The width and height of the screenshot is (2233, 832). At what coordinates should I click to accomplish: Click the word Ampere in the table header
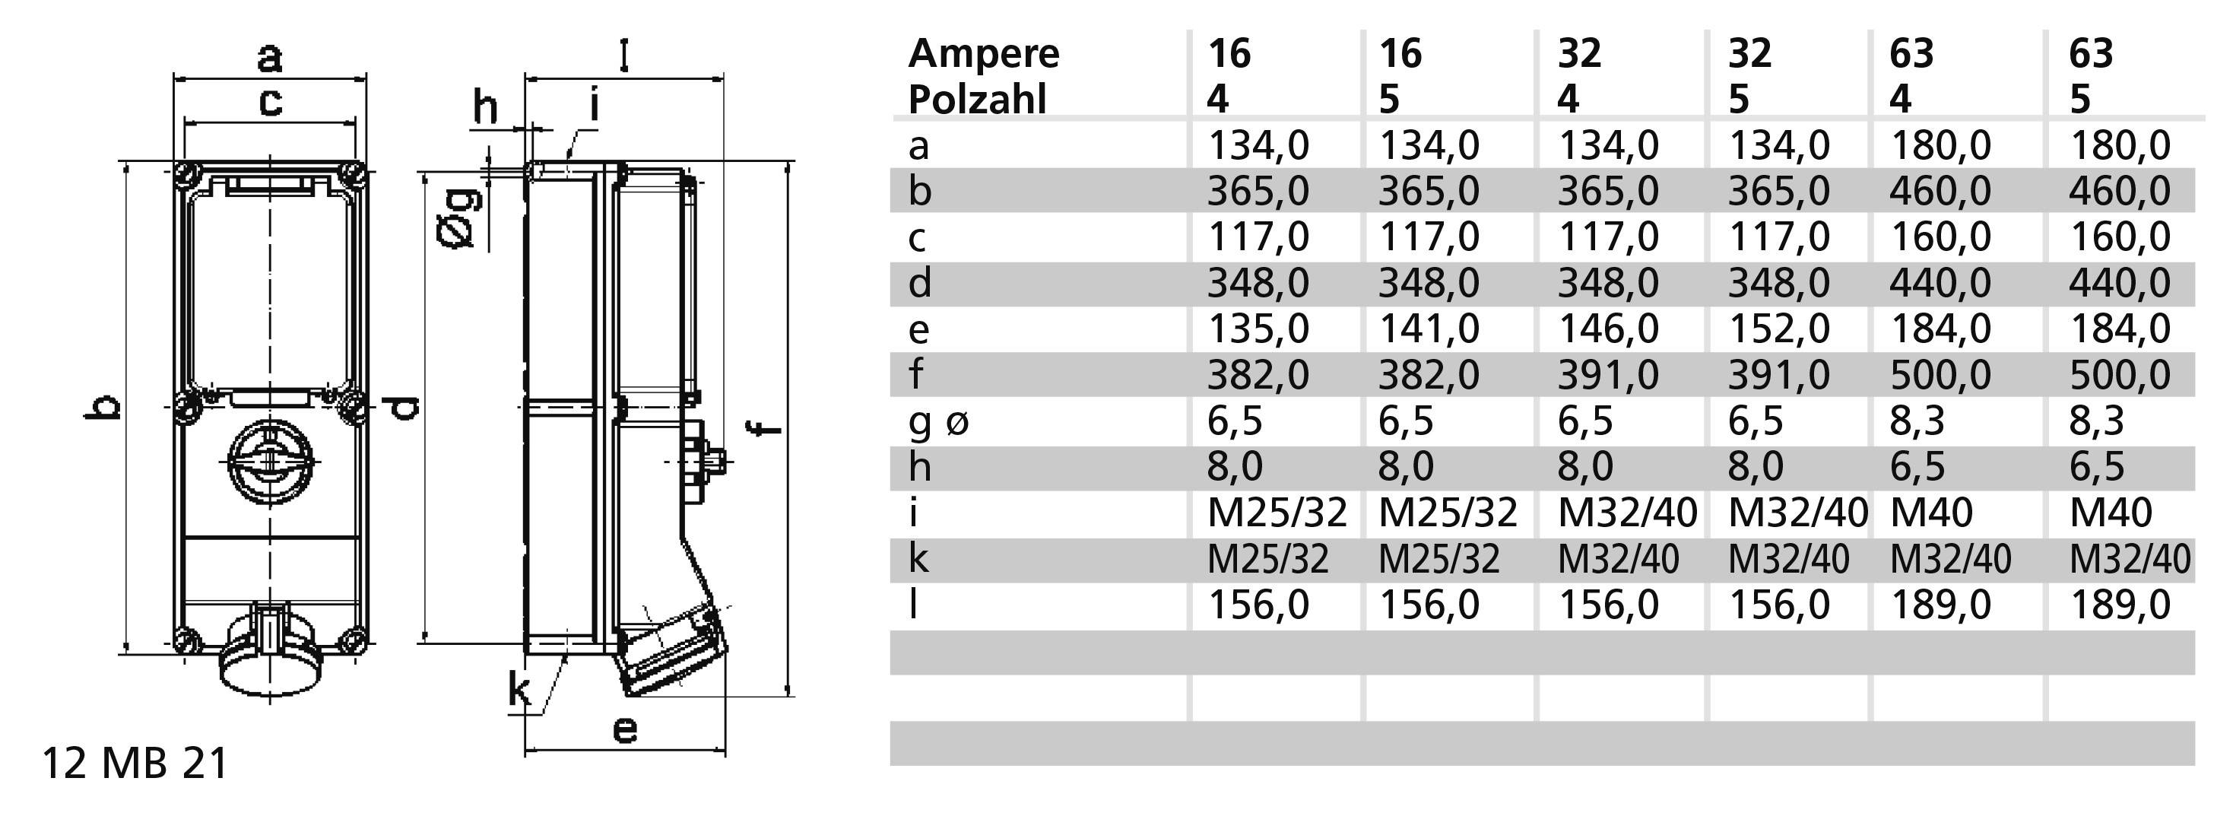click(x=983, y=54)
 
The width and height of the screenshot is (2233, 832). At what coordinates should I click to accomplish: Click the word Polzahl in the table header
click(x=977, y=99)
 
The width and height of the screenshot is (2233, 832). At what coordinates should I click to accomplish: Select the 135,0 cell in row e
click(x=1258, y=329)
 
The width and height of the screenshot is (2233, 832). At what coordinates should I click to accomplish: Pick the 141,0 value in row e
click(x=1429, y=329)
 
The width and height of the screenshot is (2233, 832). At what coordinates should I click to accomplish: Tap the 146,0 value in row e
click(x=1608, y=329)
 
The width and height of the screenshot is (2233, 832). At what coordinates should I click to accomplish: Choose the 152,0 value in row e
click(x=1779, y=329)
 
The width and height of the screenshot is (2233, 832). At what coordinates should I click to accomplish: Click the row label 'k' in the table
click(x=918, y=559)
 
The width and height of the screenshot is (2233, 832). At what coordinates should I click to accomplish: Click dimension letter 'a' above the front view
click(x=270, y=59)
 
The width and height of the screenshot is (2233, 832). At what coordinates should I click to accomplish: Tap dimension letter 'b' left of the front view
click(x=103, y=405)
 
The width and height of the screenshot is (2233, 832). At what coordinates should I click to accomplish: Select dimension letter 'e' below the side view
click(x=624, y=730)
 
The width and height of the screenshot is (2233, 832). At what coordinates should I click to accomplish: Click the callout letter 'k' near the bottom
click(x=519, y=691)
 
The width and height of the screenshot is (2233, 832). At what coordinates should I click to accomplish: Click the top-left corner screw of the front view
click(x=186, y=174)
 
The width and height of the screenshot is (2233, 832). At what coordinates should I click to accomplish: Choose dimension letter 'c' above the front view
click(x=271, y=102)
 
